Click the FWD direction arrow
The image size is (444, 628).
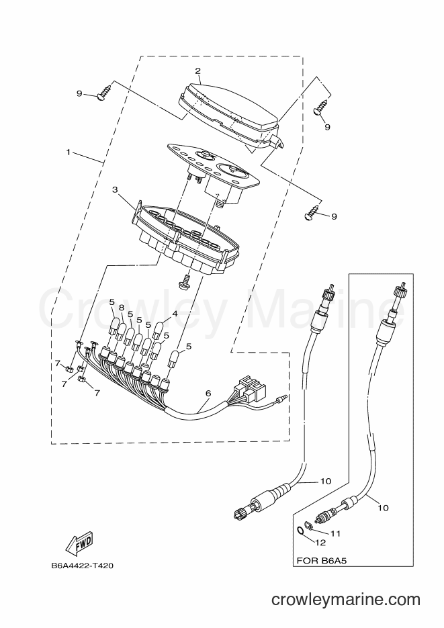point(79,543)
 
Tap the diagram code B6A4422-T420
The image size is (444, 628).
point(82,566)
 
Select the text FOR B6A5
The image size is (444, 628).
point(322,561)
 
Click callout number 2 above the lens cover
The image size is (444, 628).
point(197,71)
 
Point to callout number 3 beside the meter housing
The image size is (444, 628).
point(115,190)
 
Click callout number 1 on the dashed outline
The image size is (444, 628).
point(69,152)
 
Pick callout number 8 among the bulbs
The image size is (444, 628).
point(122,308)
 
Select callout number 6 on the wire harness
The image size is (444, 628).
point(208,394)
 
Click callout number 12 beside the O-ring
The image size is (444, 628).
point(320,543)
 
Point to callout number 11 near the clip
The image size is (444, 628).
point(335,533)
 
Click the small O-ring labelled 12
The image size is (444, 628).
point(300,531)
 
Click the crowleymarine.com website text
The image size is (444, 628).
point(346,600)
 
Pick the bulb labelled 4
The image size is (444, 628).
point(157,328)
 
